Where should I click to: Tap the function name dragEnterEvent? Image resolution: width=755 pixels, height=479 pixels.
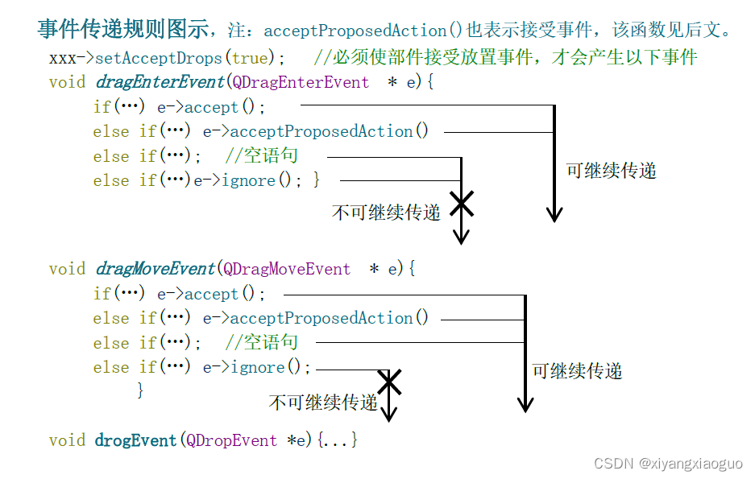pos(160,82)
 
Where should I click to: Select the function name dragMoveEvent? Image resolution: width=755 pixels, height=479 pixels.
pos(156,269)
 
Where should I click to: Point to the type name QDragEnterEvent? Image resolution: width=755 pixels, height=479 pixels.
pos(301,82)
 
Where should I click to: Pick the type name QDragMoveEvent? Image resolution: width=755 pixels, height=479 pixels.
pos(287,269)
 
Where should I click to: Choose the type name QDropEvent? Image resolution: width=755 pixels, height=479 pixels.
pos(232,440)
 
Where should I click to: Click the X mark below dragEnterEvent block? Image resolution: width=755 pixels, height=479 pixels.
pos(461,204)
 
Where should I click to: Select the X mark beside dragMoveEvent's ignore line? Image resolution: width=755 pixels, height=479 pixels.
pos(389,381)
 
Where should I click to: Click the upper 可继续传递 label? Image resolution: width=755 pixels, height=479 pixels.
pos(611,171)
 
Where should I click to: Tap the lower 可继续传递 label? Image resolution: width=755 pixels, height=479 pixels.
pos(577,371)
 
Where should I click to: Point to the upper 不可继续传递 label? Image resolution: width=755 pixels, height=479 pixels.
pos(386,213)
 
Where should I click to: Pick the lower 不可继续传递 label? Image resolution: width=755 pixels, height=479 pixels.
pos(323,402)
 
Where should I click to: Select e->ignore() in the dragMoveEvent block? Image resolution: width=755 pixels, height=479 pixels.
pos(256,368)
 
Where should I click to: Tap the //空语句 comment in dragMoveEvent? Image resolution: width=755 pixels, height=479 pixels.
pos(262,343)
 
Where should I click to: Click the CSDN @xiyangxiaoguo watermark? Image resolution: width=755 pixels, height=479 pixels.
pos(668,464)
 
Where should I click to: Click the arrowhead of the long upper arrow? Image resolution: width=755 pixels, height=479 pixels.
pos(554,214)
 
